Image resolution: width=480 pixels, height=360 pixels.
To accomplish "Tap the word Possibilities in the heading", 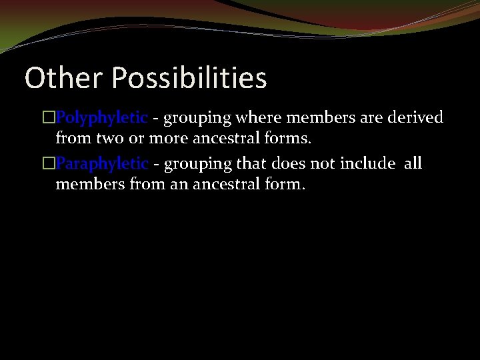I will tap(189, 78).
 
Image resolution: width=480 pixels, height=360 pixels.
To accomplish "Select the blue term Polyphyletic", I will tap(101, 118).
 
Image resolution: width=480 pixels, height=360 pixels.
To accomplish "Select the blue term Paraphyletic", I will tap(102, 163).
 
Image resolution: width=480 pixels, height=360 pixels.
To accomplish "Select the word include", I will tap(368, 163).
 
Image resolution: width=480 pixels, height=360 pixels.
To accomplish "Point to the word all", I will tap(413, 163).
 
